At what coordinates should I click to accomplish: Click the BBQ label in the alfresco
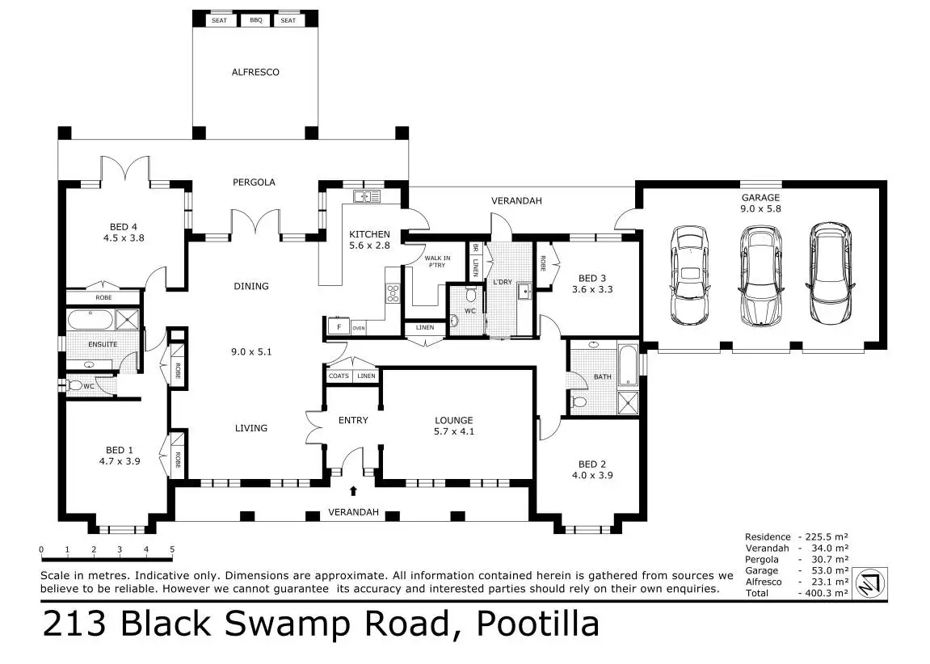click(x=255, y=20)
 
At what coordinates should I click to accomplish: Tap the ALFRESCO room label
click(x=255, y=73)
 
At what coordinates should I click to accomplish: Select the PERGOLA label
click(x=254, y=182)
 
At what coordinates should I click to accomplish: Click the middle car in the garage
click(x=762, y=275)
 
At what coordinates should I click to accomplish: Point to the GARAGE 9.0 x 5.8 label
click(x=760, y=203)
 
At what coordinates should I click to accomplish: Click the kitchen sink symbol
click(x=367, y=196)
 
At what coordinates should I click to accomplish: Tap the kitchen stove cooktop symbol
click(x=393, y=293)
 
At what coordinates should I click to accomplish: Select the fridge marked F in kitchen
click(x=339, y=326)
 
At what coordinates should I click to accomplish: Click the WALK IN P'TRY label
click(x=437, y=262)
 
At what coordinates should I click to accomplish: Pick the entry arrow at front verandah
click(x=353, y=490)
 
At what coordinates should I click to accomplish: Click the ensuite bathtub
click(x=90, y=320)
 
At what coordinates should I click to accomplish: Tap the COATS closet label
click(x=339, y=376)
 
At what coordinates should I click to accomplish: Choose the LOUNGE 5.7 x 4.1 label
click(x=454, y=426)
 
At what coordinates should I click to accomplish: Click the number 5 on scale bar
click(x=172, y=549)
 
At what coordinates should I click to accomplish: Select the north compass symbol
click(x=871, y=583)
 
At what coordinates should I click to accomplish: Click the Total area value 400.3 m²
click(x=827, y=593)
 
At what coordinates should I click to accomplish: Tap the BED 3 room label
click(x=592, y=278)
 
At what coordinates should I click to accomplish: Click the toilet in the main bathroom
click(x=579, y=402)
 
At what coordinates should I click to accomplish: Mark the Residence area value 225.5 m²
click(x=827, y=536)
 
